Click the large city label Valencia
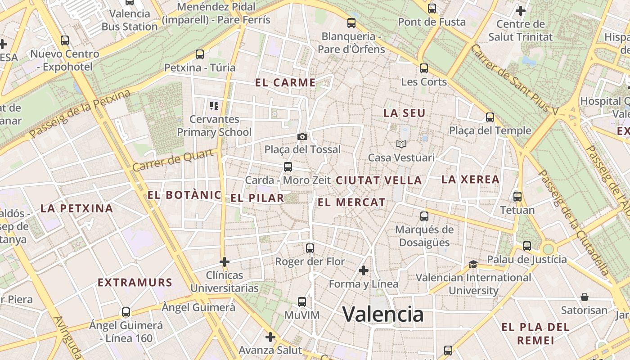pos(383,314)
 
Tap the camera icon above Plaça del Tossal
pos(302,136)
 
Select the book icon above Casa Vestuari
pos(401,144)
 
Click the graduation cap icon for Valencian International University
pos(473,264)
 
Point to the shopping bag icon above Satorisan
pos(584,297)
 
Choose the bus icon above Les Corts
pos(424,68)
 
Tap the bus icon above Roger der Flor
pos(310,248)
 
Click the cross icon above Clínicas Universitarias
pos(225,261)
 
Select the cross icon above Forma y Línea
pos(364,270)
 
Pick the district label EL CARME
pos(285,83)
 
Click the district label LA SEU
pos(404,113)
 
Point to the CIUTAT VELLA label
pos(379,181)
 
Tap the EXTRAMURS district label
pos(135,283)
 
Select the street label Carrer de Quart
pos(173,161)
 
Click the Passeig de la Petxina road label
pos(80,114)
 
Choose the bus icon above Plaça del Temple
pos(490,117)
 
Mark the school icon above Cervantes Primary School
pos(214,106)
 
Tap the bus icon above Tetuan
pos(517,197)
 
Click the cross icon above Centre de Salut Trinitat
pos(521,10)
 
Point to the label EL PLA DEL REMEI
pos(535,333)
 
